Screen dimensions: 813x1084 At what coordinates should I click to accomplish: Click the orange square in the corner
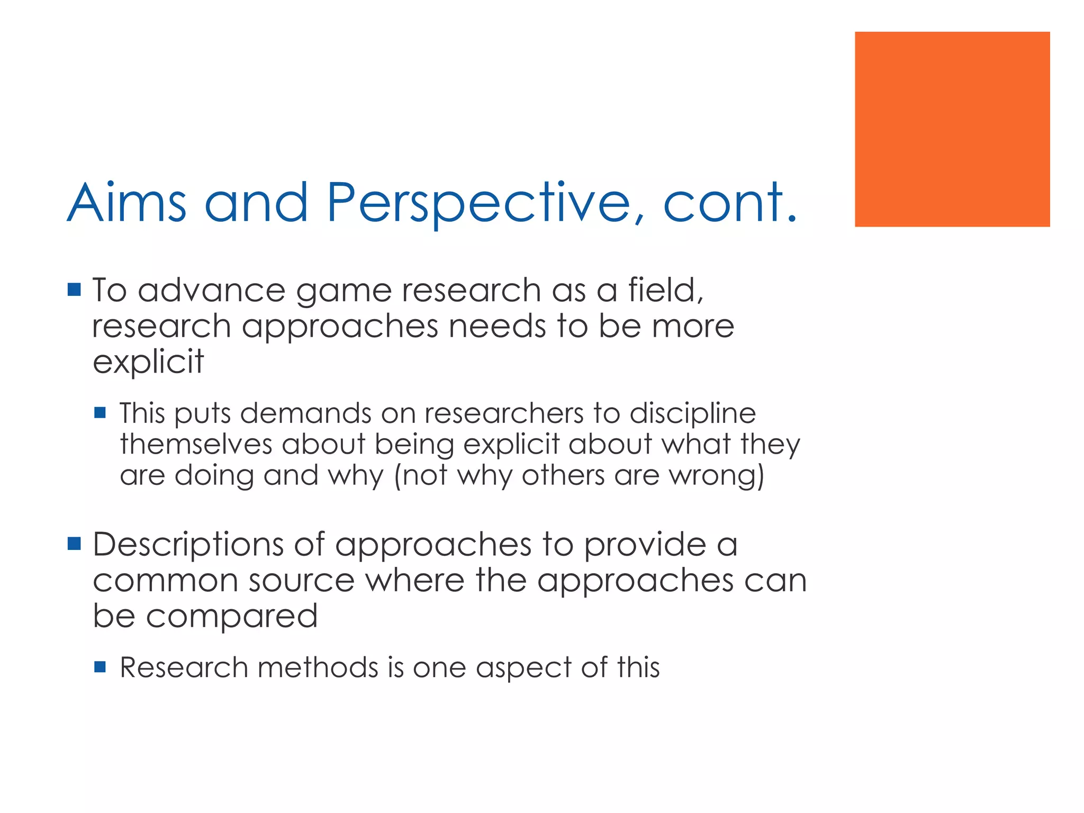click(952, 129)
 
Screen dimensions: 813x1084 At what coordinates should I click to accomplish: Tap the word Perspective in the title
click(479, 204)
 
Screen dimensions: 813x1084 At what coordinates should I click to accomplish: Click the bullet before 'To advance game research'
click(74, 290)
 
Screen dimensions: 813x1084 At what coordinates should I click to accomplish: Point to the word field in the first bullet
click(665, 291)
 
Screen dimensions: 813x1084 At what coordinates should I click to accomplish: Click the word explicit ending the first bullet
click(148, 363)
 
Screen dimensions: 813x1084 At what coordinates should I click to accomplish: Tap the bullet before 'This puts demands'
click(100, 412)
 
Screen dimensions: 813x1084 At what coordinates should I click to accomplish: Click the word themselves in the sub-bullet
click(195, 444)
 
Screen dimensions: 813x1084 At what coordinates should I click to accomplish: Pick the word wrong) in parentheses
click(717, 475)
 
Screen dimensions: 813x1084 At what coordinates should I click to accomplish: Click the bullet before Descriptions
click(74, 543)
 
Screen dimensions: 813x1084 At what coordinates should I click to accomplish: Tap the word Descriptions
click(188, 545)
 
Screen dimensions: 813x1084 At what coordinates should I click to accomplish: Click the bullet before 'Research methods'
click(100, 666)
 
